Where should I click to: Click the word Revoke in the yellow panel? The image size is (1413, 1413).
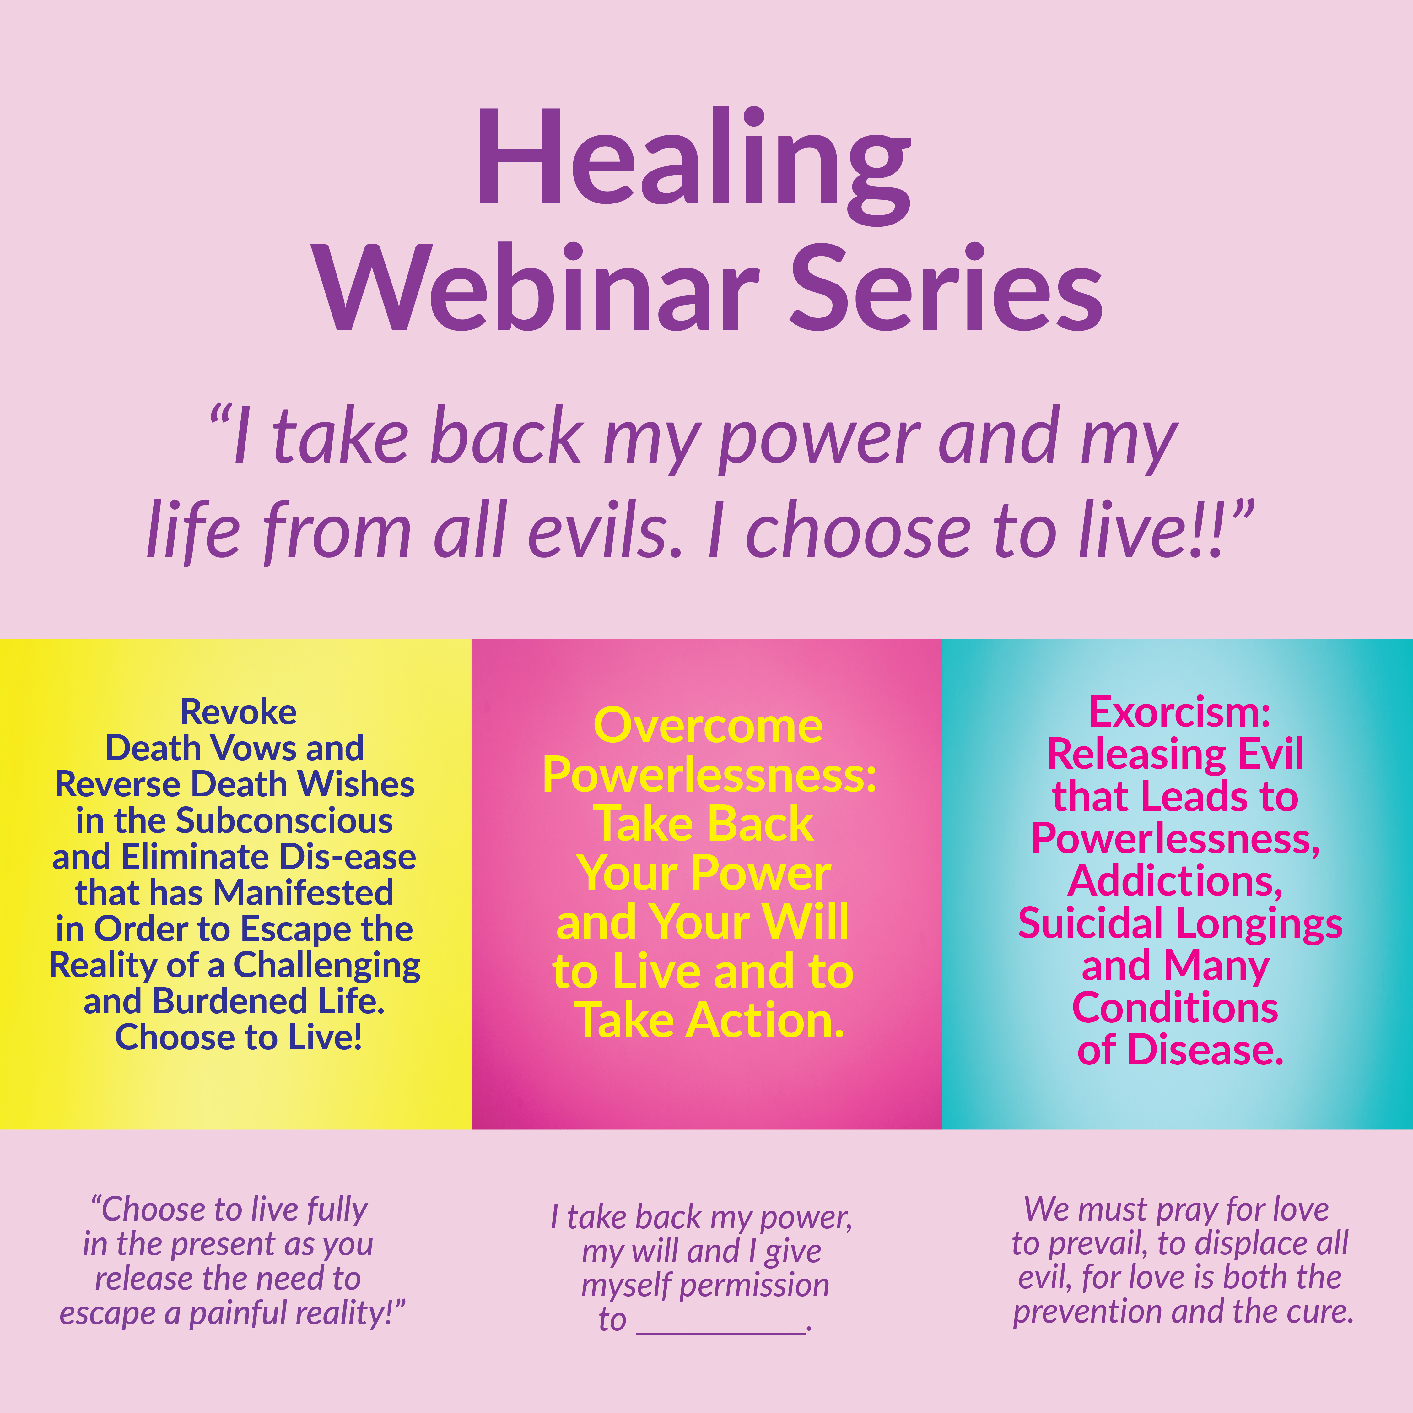238,712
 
